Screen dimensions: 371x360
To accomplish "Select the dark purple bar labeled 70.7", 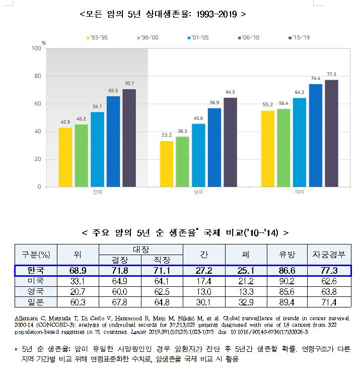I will point(129,138).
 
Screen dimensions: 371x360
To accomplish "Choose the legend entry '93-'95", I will point(97,37).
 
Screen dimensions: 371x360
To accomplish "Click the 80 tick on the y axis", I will point(36,76).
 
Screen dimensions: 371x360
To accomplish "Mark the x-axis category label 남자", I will point(198,192).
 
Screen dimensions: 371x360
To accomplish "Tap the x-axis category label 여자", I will point(299,192).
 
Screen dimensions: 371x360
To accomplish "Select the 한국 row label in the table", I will point(35,271).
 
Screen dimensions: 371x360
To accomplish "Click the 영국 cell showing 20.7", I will point(78,291).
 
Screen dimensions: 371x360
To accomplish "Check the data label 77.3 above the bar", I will point(331,74).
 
